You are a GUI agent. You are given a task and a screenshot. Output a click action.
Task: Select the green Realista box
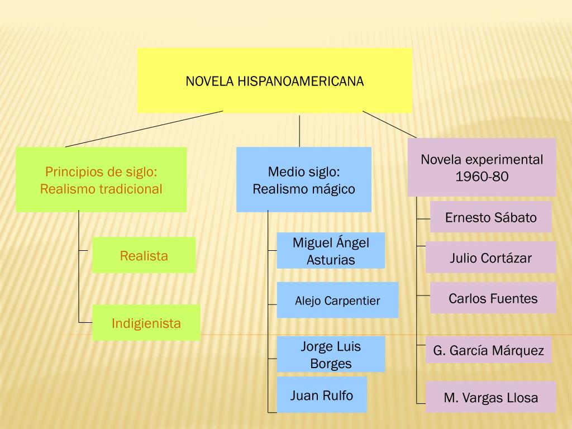(144, 255)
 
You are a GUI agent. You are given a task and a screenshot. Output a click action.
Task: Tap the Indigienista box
(146, 323)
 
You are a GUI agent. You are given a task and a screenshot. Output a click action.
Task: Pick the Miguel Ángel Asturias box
(331, 251)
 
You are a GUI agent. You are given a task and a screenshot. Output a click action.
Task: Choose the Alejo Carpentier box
(337, 301)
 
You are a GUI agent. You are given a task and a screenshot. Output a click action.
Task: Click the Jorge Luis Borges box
(331, 354)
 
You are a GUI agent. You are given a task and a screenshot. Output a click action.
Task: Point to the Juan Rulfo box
(322, 395)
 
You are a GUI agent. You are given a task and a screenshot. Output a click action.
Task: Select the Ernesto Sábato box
(490, 217)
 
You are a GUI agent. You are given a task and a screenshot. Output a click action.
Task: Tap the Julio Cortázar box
(490, 258)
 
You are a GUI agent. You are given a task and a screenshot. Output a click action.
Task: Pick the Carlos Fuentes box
(493, 298)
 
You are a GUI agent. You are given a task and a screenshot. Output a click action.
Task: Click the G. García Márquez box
(488, 350)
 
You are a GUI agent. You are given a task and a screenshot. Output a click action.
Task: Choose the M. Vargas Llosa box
(491, 397)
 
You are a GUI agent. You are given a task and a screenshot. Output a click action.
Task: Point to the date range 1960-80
(482, 177)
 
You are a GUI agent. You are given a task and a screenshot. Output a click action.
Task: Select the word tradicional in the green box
(131, 189)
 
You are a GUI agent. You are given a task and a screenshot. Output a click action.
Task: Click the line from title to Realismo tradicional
(144, 128)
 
